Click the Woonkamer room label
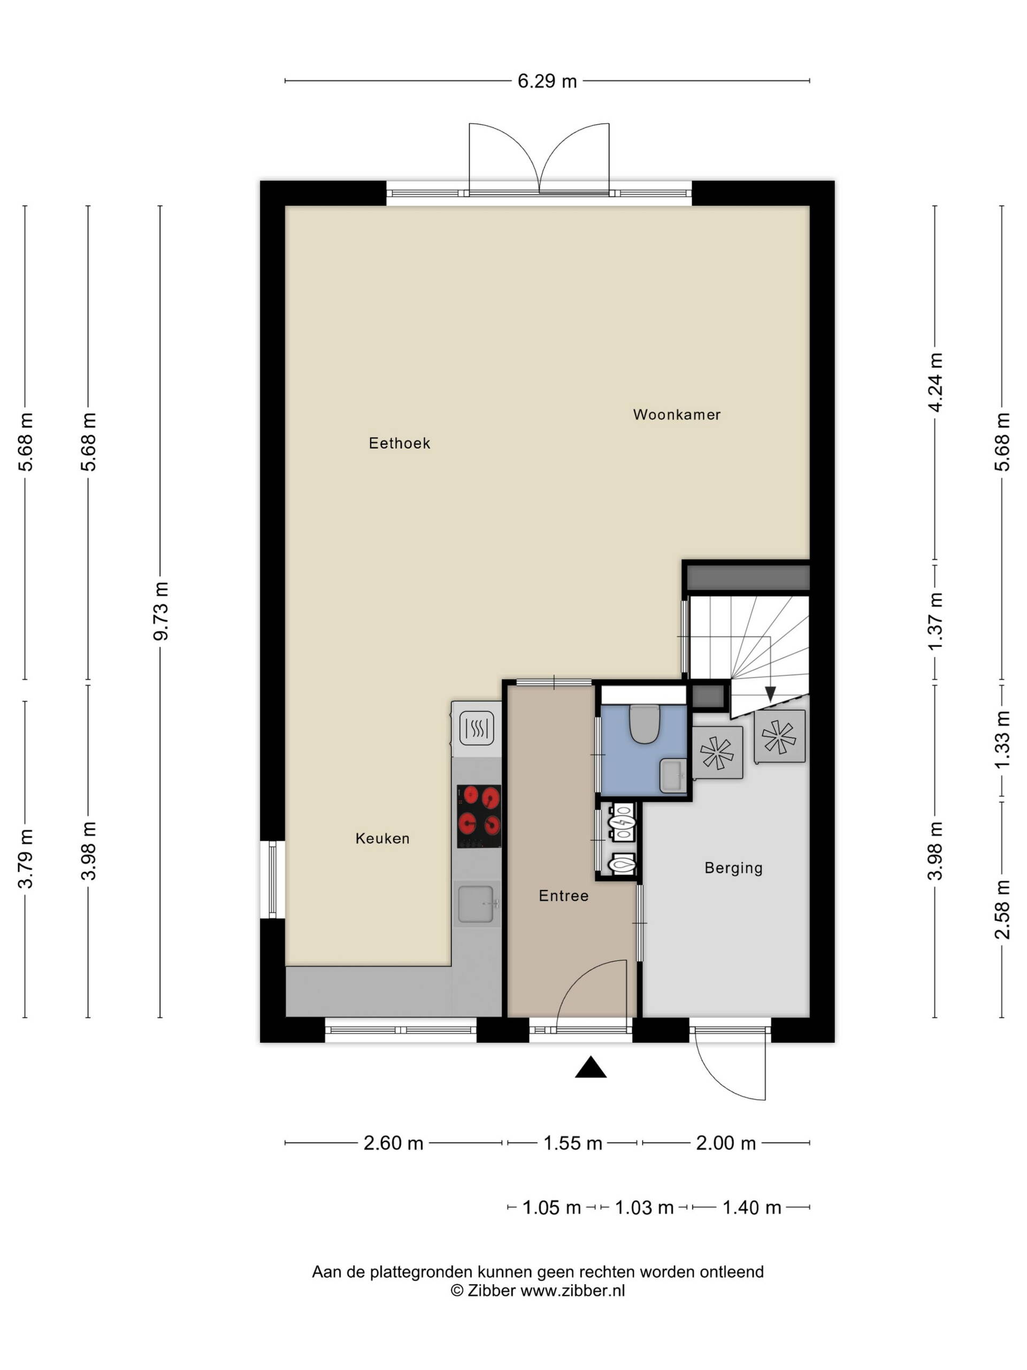(x=676, y=414)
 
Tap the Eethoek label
(x=399, y=443)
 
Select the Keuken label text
(x=382, y=838)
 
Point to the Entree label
(x=563, y=895)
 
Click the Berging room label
(x=733, y=867)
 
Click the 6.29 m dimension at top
(x=547, y=81)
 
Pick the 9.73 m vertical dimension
(x=161, y=611)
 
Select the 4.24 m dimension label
(x=935, y=382)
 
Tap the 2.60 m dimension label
(x=393, y=1143)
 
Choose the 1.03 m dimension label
(x=644, y=1207)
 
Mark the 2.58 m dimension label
(x=1002, y=909)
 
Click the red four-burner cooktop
(x=479, y=816)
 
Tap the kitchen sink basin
(x=476, y=904)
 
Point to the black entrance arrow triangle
(x=591, y=1067)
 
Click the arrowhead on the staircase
(x=770, y=694)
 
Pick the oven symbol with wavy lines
(x=476, y=728)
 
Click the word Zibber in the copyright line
(x=491, y=1290)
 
